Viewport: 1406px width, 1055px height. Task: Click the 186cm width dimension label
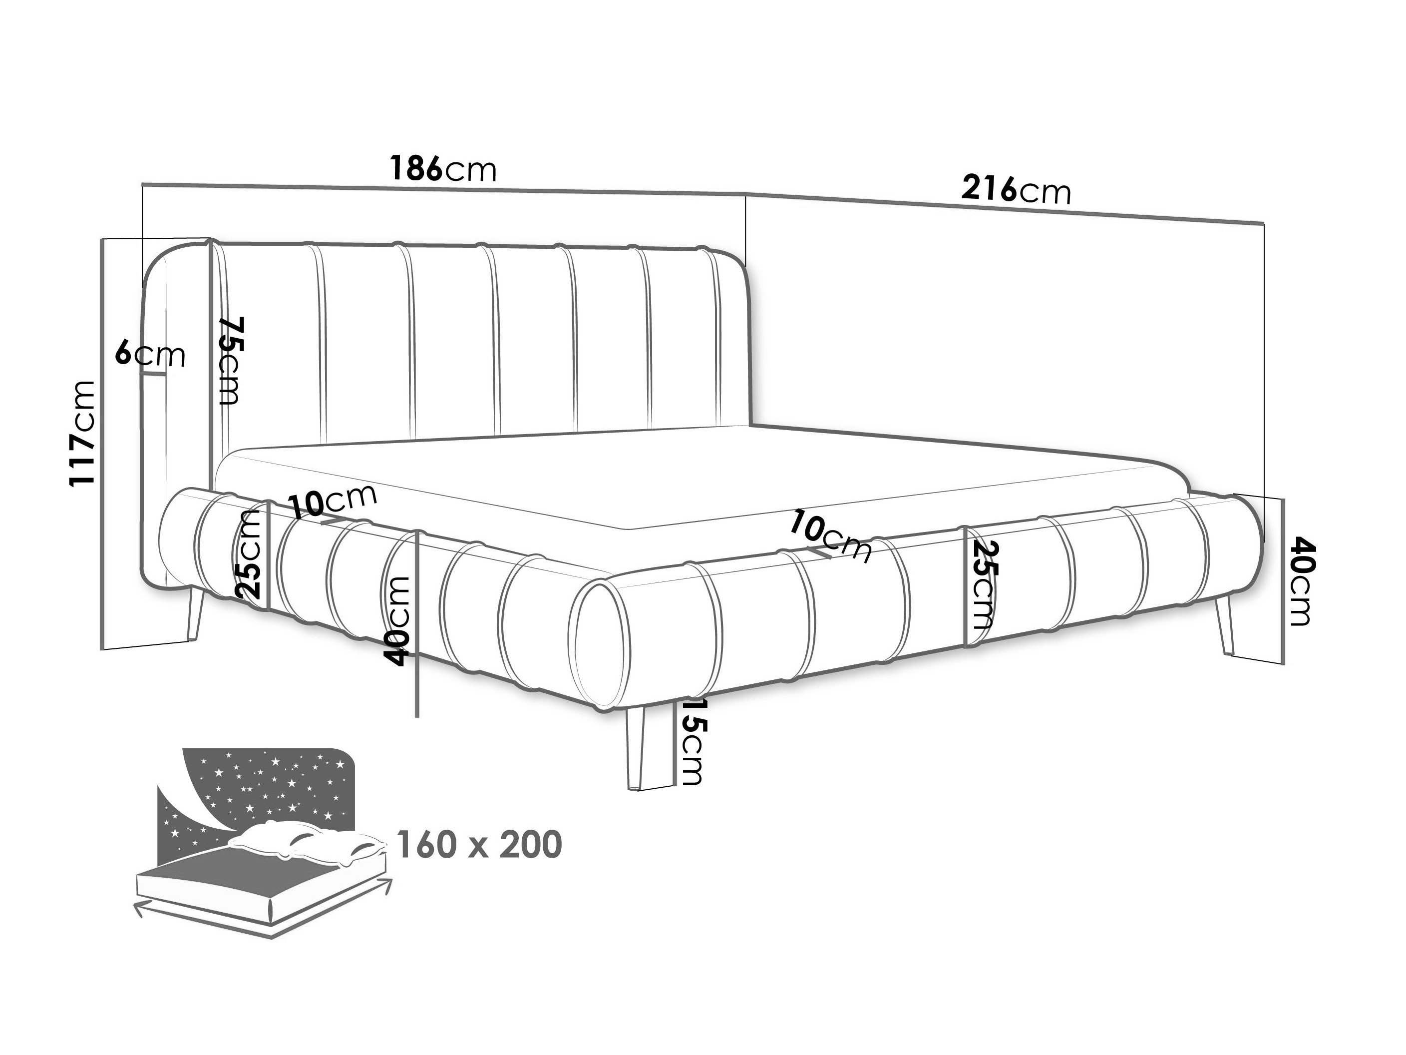442,169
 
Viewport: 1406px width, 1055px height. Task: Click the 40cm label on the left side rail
398,621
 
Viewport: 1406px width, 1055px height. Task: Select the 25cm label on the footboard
982,585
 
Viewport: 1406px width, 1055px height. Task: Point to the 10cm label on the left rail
333,501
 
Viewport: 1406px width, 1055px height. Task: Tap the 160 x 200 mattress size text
479,845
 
